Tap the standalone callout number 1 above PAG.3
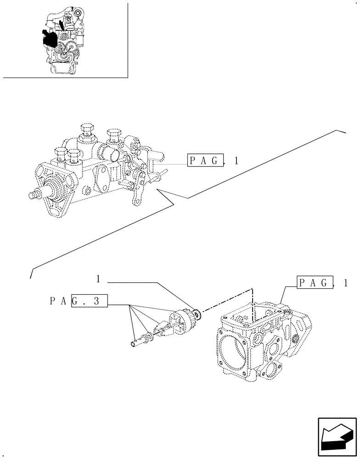pyautogui.click(x=98, y=279)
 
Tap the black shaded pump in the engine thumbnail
pyautogui.click(x=48, y=39)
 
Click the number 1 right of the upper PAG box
pyautogui.click(x=236, y=161)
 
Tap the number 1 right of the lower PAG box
pyautogui.click(x=345, y=283)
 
